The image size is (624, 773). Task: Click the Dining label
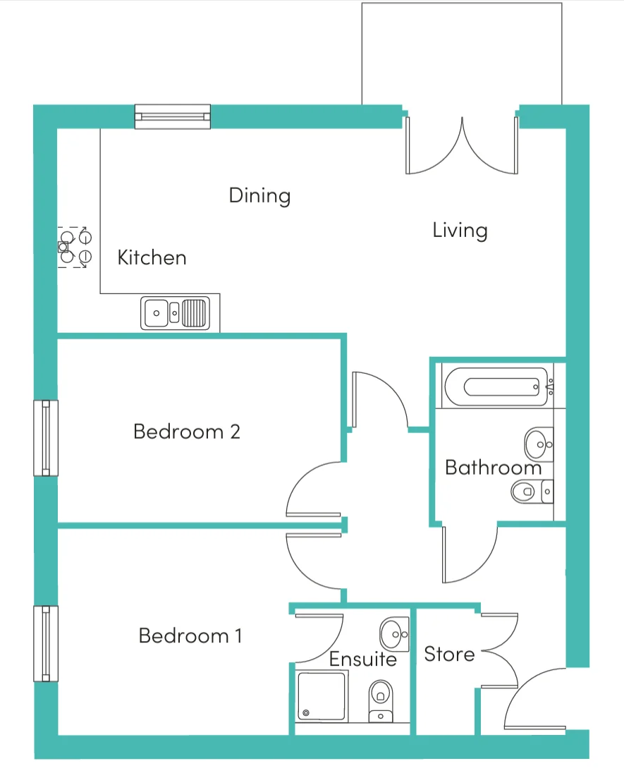coord(259,195)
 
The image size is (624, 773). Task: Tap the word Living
coord(460,230)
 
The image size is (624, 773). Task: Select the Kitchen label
coord(152,257)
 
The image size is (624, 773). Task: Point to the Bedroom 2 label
coord(187,432)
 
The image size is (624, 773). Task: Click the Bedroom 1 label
coord(190,635)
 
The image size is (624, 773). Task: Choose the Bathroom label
coord(493,468)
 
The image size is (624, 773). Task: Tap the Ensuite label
coord(363,659)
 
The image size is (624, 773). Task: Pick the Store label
coord(449,655)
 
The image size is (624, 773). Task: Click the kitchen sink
coord(175,313)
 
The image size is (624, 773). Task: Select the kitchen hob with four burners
coord(75,248)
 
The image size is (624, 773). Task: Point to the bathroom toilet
coord(532,492)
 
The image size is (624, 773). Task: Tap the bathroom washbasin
coord(539,444)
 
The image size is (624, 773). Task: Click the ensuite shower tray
coord(322,695)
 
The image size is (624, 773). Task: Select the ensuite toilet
coord(381,701)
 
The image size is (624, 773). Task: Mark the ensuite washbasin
coord(394,634)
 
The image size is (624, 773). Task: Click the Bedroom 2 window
coord(46,438)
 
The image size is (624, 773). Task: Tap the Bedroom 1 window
coord(46,643)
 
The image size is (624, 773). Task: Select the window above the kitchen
coord(173,117)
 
